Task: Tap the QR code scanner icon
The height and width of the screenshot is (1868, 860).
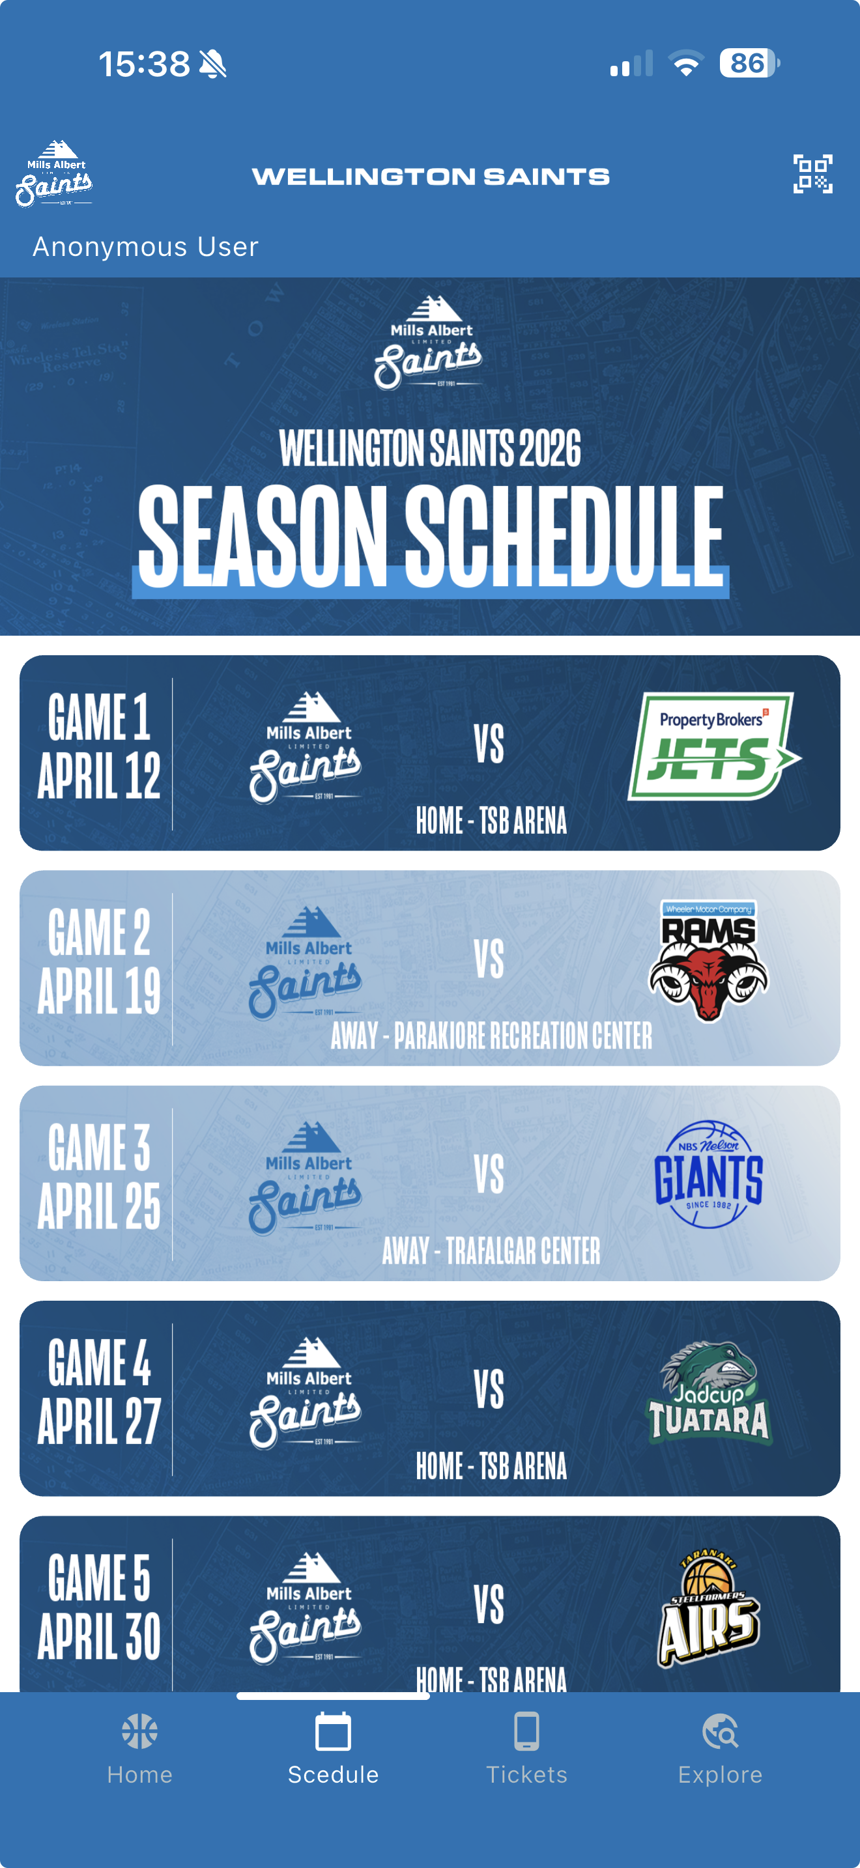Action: pos(812,174)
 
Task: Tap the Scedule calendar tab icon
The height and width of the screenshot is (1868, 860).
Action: pos(333,1733)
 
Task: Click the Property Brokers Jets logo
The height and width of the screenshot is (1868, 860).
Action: pos(713,747)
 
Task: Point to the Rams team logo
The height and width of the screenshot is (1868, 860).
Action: pos(708,960)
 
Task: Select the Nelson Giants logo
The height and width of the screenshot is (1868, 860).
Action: pos(708,1175)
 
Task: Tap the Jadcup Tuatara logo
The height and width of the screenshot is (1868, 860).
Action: pos(708,1393)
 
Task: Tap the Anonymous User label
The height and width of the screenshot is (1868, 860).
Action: pos(146,248)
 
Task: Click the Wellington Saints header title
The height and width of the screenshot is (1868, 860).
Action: pos(431,177)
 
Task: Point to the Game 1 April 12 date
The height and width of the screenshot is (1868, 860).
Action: pos(99,747)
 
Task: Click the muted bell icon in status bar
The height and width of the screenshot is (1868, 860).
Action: pos(212,64)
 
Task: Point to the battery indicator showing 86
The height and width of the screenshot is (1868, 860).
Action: pos(749,63)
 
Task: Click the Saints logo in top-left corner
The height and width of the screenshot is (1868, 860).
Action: pos(54,174)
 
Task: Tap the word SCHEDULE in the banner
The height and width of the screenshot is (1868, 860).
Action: pos(564,537)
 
